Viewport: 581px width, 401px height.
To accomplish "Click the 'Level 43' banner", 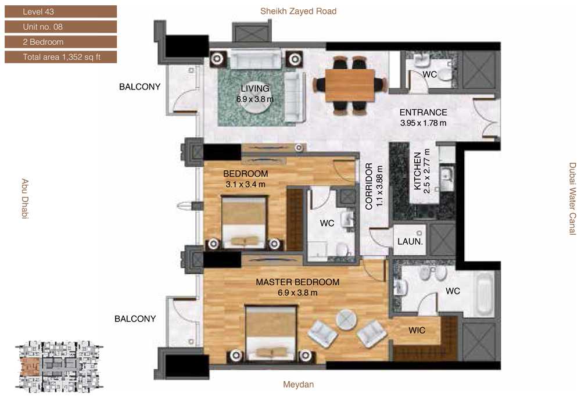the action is (x=61, y=12).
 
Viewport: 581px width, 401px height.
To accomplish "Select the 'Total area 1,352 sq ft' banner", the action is (x=61, y=57).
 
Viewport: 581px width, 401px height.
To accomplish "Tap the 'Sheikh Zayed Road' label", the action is (x=298, y=11).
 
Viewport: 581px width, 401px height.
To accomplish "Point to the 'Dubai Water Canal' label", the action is (x=573, y=199).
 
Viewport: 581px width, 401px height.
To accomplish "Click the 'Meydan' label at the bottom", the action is (x=298, y=384).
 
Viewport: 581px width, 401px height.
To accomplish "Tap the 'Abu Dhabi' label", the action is (x=25, y=199).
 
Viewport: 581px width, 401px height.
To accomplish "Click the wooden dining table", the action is (x=350, y=85).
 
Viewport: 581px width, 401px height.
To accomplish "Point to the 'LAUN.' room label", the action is (x=410, y=242).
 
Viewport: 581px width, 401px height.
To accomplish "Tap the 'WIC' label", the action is (x=417, y=330).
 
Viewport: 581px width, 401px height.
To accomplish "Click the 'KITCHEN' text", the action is (x=418, y=171).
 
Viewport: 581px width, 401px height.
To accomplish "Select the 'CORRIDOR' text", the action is (x=369, y=187).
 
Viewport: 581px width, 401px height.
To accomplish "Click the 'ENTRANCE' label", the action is (x=423, y=112).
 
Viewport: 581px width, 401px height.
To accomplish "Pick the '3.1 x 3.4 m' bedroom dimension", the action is (x=245, y=184).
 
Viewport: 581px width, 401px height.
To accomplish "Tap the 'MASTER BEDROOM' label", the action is (x=297, y=282).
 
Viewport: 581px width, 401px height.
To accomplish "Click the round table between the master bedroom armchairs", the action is (x=346, y=320).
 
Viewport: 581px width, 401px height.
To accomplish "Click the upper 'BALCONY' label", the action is (x=139, y=87).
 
